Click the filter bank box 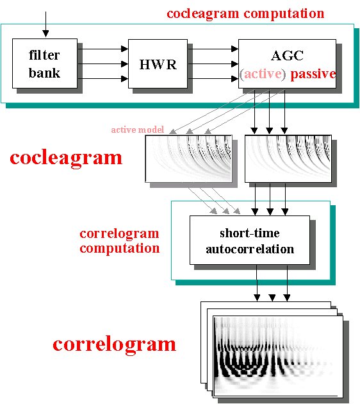click(x=45, y=63)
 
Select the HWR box click(x=158, y=63)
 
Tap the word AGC click(x=287, y=55)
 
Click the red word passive click(x=313, y=74)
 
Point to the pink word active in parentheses click(x=263, y=74)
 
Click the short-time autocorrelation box click(x=250, y=240)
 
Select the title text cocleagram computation click(x=245, y=13)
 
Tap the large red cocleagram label click(x=66, y=158)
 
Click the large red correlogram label click(x=115, y=345)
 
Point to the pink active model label click(x=138, y=130)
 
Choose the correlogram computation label click(x=119, y=241)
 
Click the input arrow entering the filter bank click(x=45, y=24)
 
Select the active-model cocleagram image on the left click(x=188, y=159)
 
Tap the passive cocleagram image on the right click(x=288, y=159)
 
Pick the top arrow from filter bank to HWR click(x=103, y=49)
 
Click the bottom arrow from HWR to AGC click(x=213, y=79)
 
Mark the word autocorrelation click(x=250, y=249)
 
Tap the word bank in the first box click(x=44, y=73)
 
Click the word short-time click(x=250, y=233)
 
